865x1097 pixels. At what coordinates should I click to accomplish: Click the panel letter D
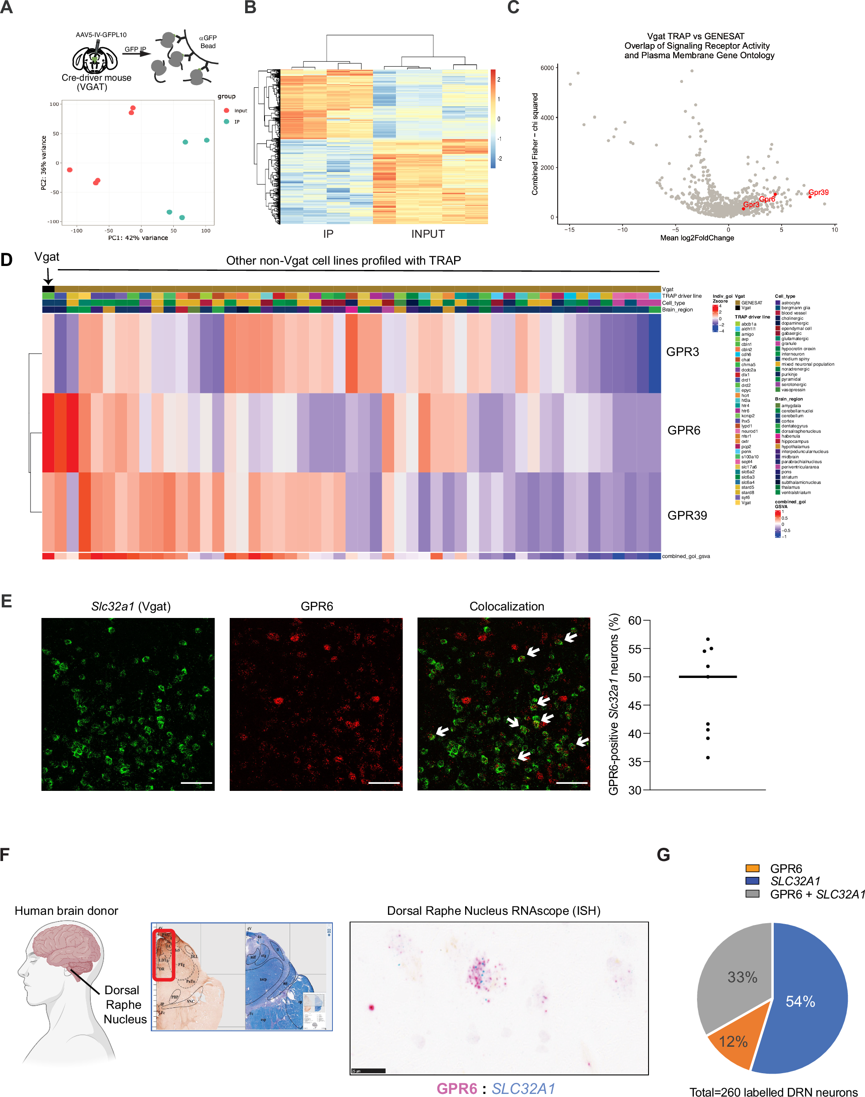(7, 259)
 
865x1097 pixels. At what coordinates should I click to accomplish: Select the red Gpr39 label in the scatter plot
(818, 193)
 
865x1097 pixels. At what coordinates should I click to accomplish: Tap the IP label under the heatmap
(328, 234)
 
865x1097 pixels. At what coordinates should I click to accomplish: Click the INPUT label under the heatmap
(428, 234)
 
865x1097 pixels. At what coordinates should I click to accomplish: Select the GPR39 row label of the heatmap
(687, 515)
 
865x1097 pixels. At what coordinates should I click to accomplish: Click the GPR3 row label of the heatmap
(682, 352)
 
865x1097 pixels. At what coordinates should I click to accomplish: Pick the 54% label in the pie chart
(800, 1001)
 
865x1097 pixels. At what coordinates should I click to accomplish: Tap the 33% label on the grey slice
(742, 977)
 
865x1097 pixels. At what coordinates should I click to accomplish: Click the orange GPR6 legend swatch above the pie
(752, 869)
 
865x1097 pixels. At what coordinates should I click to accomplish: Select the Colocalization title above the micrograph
(507, 607)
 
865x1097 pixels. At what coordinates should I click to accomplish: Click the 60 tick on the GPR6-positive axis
(634, 621)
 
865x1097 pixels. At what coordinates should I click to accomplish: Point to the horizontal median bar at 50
(708, 677)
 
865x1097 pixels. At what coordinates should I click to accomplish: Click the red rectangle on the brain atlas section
(164, 955)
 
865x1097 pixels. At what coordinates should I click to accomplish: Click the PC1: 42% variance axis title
(138, 238)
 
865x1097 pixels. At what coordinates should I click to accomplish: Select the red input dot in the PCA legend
(226, 110)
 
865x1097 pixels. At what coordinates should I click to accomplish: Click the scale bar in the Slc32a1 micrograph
(197, 783)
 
